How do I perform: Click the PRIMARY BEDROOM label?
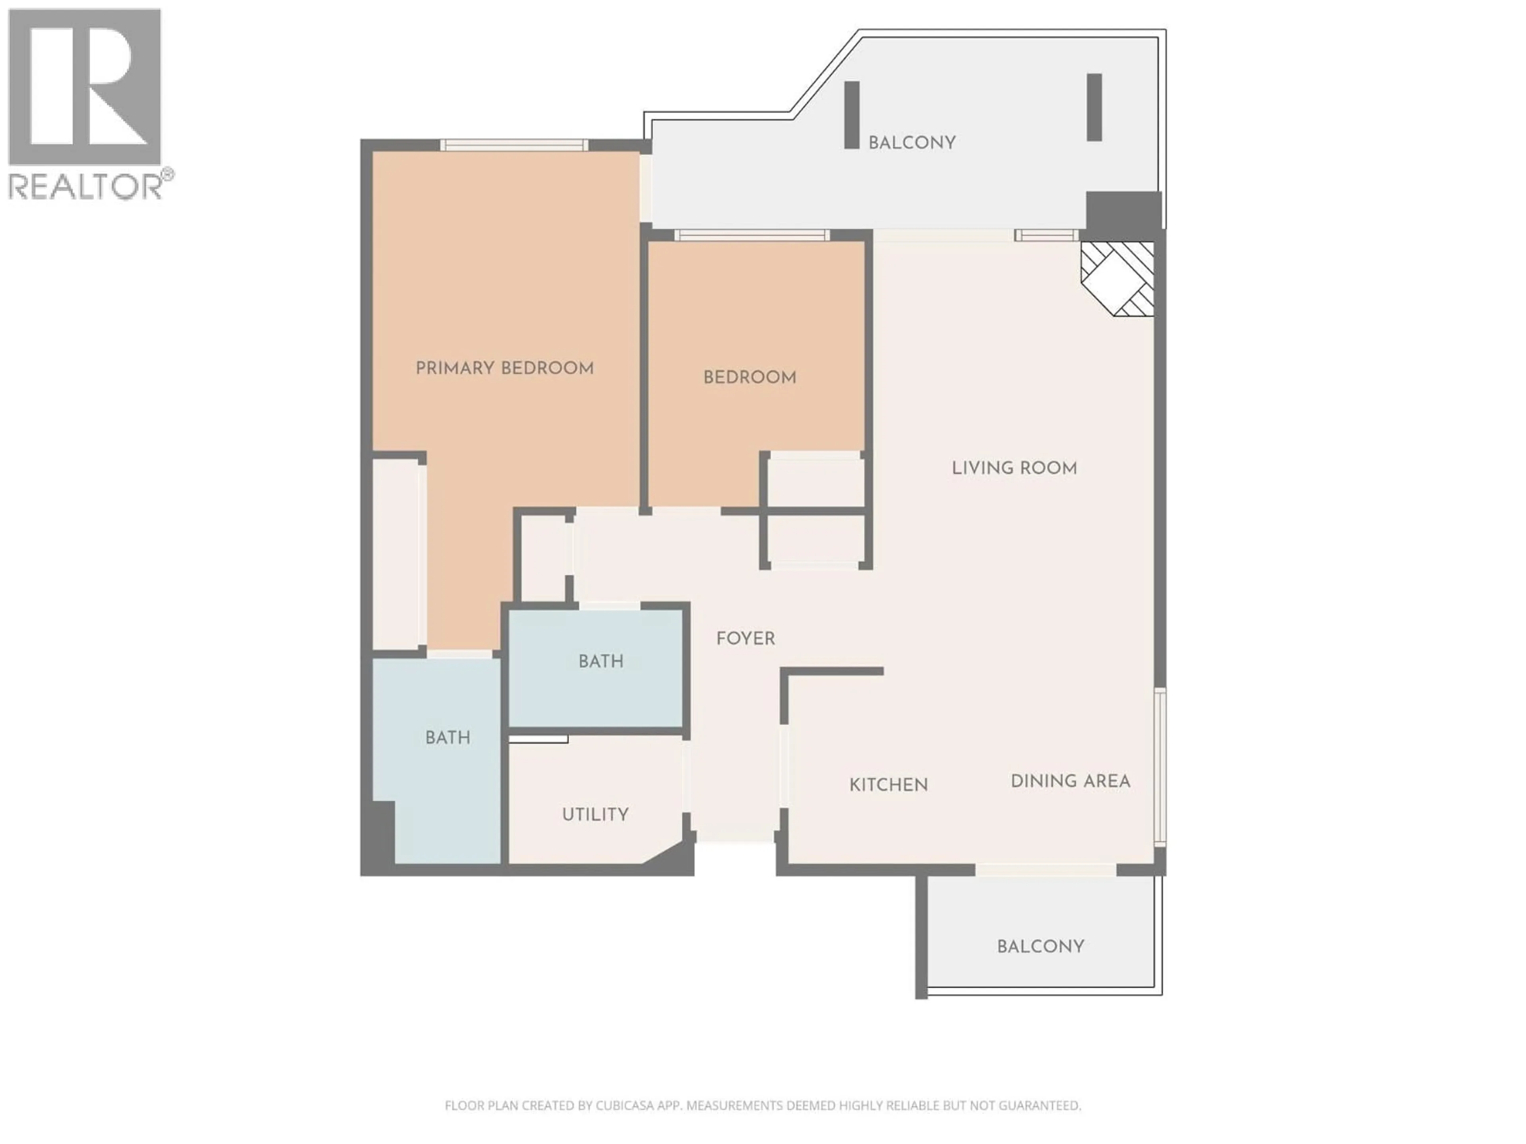[x=504, y=368]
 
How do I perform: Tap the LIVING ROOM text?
[x=1014, y=468]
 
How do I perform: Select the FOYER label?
[x=745, y=639]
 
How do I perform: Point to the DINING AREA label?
[x=1070, y=781]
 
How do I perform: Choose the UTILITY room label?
[x=595, y=814]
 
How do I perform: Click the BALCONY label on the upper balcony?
[x=911, y=143]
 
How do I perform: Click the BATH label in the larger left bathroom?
[x=448, y=738]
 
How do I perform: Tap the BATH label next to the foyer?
[x=601, y=661]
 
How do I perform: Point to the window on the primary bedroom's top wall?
[x=514, y=145]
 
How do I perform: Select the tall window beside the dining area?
[x=1160, y=766]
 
